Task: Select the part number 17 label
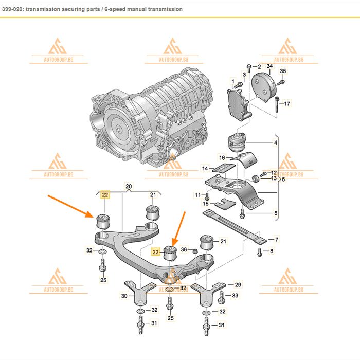(287, 104)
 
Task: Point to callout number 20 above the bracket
(129, 186)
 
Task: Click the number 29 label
(238, 284)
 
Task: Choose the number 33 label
(236, 295)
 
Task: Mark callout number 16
(222, 157)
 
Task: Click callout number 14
(205, 168)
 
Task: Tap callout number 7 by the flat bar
(277, 240)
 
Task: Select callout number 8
(272, 251)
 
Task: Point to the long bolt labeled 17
(276, 105)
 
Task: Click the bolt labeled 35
(280, 81)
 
